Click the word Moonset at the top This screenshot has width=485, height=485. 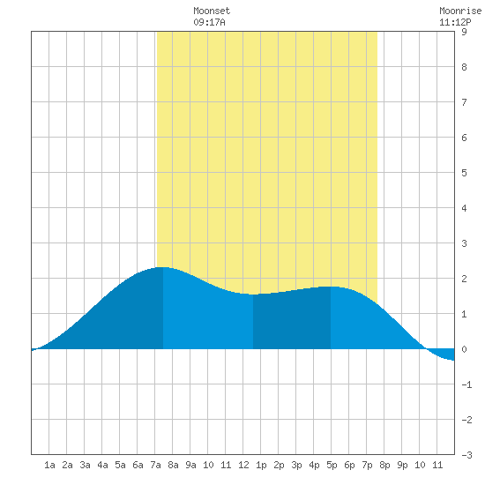point(212,11)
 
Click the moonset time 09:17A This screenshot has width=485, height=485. point(209,22)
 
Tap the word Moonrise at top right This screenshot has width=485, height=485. point(460,11)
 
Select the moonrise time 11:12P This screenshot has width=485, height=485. point(455,22)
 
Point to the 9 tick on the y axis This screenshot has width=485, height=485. point(464,32)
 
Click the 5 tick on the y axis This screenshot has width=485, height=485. point(464,173)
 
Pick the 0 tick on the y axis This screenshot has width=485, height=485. point(464,349)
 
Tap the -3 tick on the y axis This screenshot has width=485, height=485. point(466,455)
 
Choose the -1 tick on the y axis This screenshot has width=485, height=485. point(466,384)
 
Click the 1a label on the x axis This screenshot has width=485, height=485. point(49,465)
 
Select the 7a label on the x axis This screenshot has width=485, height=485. point(155,465)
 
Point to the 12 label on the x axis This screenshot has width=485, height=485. point(243,465)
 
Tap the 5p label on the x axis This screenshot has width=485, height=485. point(332,465)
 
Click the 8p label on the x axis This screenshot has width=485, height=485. point(384,465)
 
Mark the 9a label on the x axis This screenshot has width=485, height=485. point(190,465)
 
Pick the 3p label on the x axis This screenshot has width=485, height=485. point(296,465)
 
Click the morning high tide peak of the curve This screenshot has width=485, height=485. point(163,267)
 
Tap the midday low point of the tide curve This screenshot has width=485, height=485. point(253,295)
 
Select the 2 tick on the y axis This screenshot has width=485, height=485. point(464,279)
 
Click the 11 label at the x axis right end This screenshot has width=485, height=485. point(437,465)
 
